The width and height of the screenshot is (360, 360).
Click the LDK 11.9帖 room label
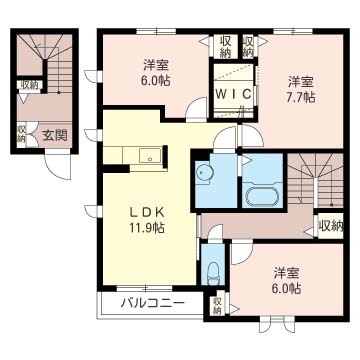[147, 220]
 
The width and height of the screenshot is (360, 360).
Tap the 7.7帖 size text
[302, 97]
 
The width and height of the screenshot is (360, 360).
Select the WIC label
[233, 94]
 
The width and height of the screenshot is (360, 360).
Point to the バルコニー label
[152, 303]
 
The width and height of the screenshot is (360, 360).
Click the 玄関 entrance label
[55, 135]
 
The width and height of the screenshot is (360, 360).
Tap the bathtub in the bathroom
[262, 196]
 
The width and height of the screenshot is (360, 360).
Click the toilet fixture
[213, 274]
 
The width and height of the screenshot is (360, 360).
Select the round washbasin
[202, 172]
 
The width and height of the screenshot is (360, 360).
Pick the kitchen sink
[150, 156]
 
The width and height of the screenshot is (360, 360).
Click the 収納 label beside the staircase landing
[330, 226]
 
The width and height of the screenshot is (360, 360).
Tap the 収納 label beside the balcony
[217, 305]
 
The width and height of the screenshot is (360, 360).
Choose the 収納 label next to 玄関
[22, 133]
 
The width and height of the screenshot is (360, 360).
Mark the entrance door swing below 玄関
[58, 167]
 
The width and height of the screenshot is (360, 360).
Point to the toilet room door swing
[215, 233]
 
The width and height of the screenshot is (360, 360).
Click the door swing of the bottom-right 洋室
[242, 254]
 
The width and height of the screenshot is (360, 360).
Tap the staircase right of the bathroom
[315, 180]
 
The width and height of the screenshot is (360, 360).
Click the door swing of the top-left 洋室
[197, 107]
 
